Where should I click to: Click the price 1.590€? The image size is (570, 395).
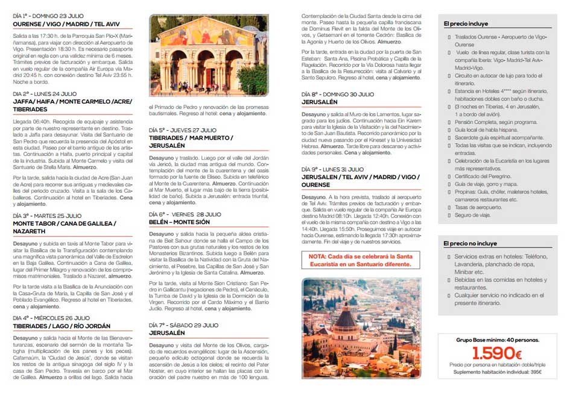click(x=496, y=353)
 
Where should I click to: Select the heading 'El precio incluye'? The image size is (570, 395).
click(x=466, y=24)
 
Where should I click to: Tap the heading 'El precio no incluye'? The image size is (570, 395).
click(x=470, y=243)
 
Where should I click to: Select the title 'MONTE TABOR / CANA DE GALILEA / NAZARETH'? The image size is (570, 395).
click(x=64, y=227)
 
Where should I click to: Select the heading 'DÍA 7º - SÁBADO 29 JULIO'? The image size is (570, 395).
click(x=183, y=325)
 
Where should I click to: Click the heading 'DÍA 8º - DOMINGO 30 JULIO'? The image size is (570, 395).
click(x=337, y=95)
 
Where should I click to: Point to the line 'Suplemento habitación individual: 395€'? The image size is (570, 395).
click(x=497, y=372)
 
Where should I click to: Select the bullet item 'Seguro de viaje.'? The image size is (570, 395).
click(x=474, y=215)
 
